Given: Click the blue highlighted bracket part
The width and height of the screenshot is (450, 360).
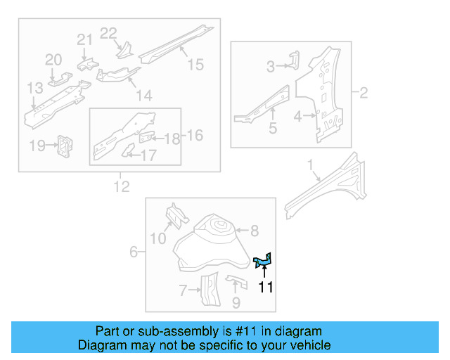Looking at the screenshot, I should pyautogui.click(x=263, y=262).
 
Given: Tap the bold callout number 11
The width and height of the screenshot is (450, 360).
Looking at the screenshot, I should pyautogui.click(x=265, y=287).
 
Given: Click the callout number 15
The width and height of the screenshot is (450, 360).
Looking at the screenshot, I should pyautogui.click(x=195, y=65).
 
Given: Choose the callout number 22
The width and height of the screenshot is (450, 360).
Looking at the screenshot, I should pyautogui.click(x=108, y=32).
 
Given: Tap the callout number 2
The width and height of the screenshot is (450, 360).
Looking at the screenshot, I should pyautogui.click(x=363, y=93).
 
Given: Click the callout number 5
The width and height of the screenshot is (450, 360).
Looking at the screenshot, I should pyautogui.click(x=272, y=129).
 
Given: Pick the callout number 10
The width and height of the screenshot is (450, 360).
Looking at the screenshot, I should pyautogui.click(x=158, y=239).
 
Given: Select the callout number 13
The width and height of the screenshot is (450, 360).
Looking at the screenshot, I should pyautogui.click(x=35, y=89).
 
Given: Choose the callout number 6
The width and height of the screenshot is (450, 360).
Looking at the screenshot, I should pyautogui.click(x=134, y=252).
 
